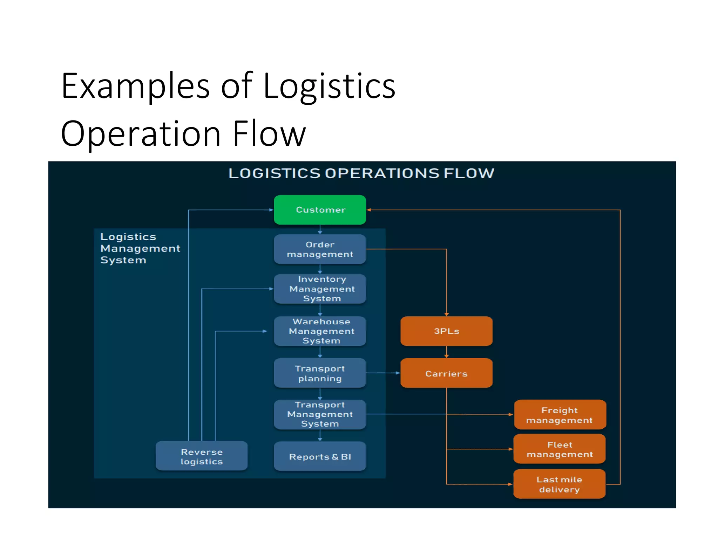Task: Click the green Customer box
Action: point(320,210)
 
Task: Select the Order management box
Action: point(320,249)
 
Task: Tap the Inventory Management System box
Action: point(320,289)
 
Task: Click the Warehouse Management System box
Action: point(320,331)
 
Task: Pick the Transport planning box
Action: point(320,373)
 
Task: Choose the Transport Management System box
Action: point(320,414)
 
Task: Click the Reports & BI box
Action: point(320,456)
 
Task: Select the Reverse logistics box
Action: point(202,456)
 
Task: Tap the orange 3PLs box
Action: point(446,331)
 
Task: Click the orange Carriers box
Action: point(446,373)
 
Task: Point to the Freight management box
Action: point(560,415)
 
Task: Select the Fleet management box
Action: point(560,449)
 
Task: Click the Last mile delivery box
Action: point(560,484)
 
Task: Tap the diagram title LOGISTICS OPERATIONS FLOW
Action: point(361,173)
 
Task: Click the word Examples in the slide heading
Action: point(135,86)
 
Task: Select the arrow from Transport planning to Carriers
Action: point(383,373)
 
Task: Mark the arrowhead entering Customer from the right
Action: point(369,210)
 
